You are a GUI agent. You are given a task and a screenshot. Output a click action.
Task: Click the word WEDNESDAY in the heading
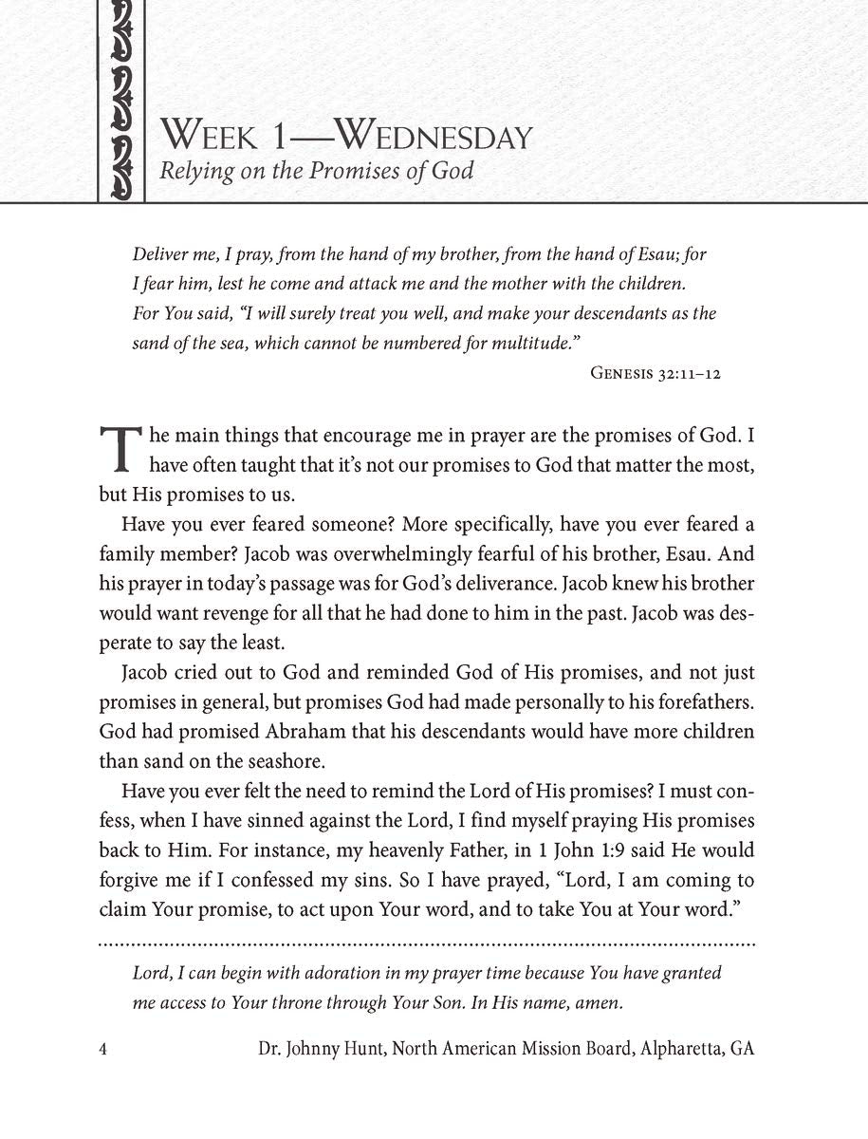(434, 137)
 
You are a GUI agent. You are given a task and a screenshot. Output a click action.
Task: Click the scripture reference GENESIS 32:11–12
(656, 373)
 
